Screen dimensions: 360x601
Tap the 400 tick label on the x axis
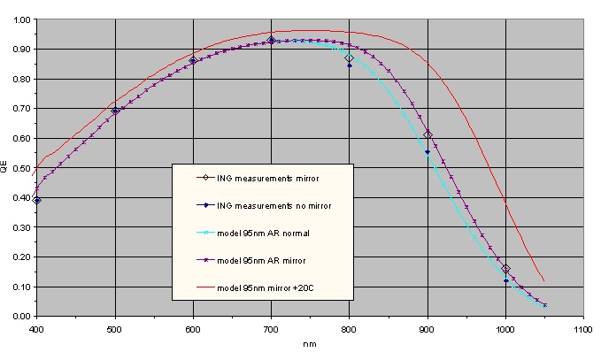[36, 329]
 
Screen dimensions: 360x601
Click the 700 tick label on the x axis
[271, 329]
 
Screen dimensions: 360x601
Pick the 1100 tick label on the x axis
[583, 329]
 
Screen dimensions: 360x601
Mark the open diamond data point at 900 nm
[428, 134]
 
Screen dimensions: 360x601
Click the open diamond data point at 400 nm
[37, 201]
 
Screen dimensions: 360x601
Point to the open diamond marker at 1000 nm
[505, 269]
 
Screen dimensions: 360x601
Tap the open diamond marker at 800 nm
[350, 58]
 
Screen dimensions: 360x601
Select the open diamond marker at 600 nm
[193, 61]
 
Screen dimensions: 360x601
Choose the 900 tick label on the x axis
[428, 329]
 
